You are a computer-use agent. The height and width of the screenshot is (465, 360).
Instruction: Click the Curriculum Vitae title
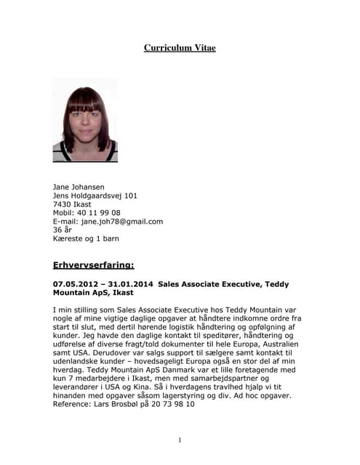(x=180, y=48)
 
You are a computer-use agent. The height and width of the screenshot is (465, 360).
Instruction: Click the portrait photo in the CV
(x=85, y=120)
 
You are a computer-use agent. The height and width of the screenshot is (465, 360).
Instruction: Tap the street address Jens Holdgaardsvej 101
(x=95, y=195)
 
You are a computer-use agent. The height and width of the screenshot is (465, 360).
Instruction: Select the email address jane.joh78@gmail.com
(x=122, y=222)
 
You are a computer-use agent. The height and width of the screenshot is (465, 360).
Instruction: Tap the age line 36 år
(x=63, y=230)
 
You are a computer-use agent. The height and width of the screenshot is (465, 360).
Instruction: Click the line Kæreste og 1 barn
(x=86, y=238)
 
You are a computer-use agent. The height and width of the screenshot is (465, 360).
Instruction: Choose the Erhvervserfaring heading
(x=94, y=265)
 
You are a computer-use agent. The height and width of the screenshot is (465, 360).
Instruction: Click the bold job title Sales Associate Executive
(x=209, y=284)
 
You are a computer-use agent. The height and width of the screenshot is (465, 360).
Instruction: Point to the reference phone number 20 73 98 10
(x=171, y=405)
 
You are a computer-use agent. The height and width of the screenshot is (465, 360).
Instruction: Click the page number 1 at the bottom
(x=180, y=440)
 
